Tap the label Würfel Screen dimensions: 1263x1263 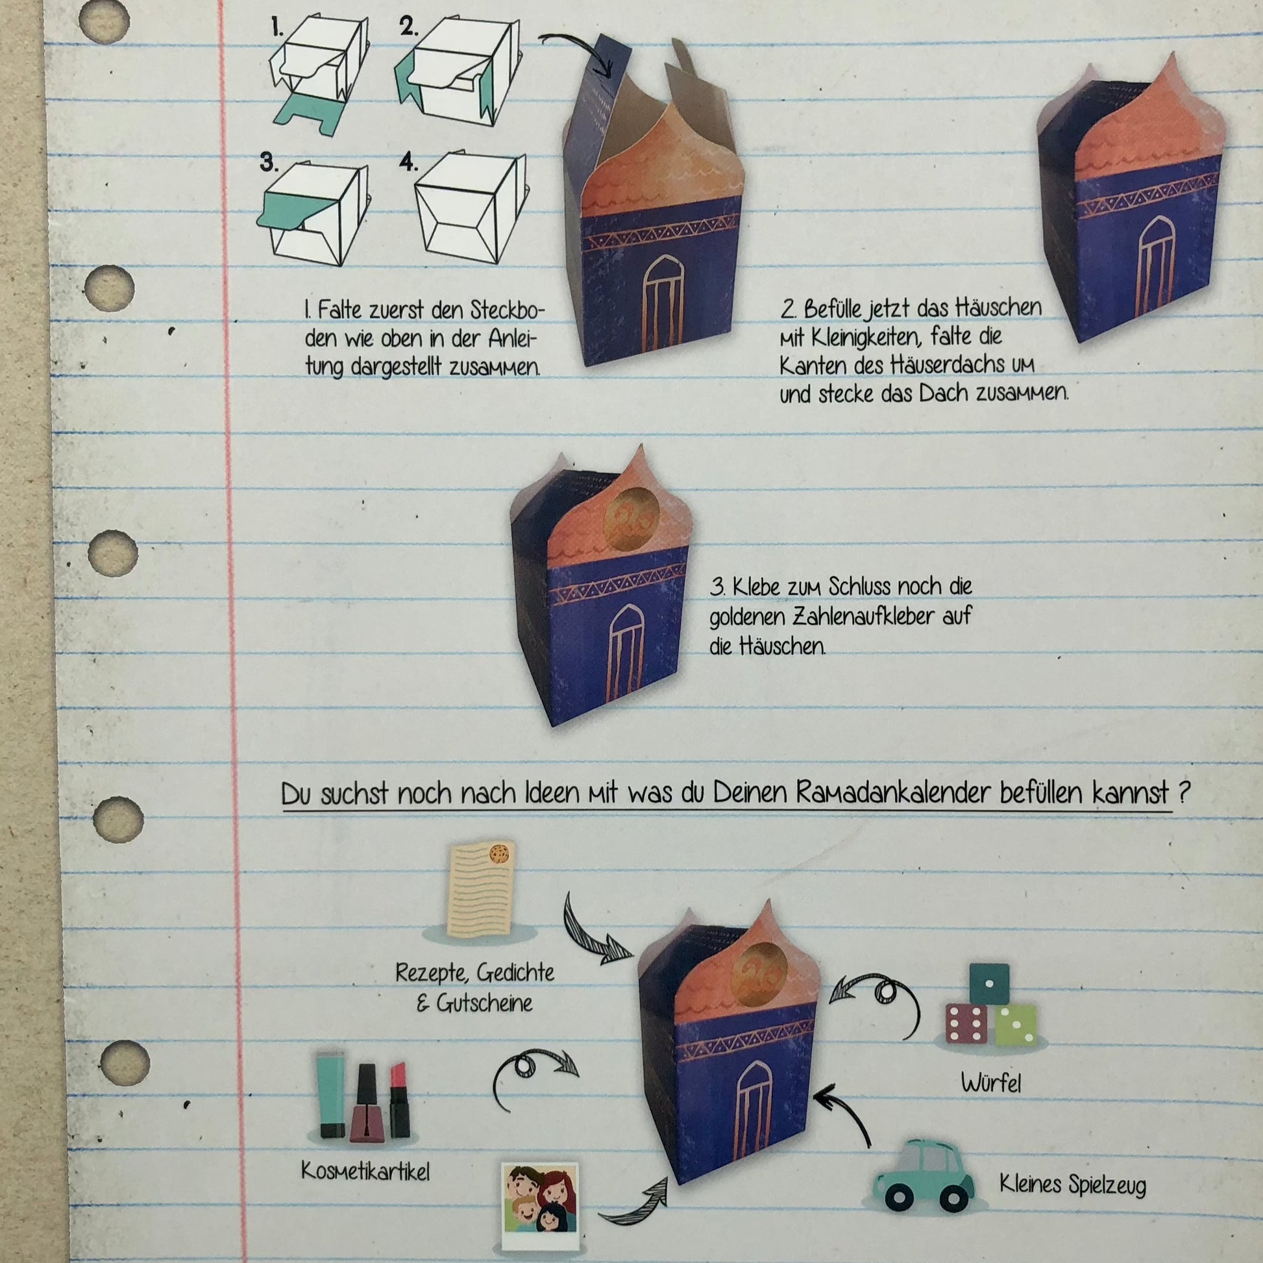click(990, 1083)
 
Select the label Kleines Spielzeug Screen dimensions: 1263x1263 click(1073, 1184)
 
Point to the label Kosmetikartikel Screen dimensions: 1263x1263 click(365, 1171)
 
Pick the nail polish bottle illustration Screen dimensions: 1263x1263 click(367, 1103)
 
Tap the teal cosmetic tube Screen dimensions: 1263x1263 click(332, 1094)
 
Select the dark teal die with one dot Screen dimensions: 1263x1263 click(989, 985)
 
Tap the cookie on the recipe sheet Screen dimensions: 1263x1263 click(500, 853)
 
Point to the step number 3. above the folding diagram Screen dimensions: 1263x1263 click(267, 162)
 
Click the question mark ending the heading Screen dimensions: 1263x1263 click(1182, 792)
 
